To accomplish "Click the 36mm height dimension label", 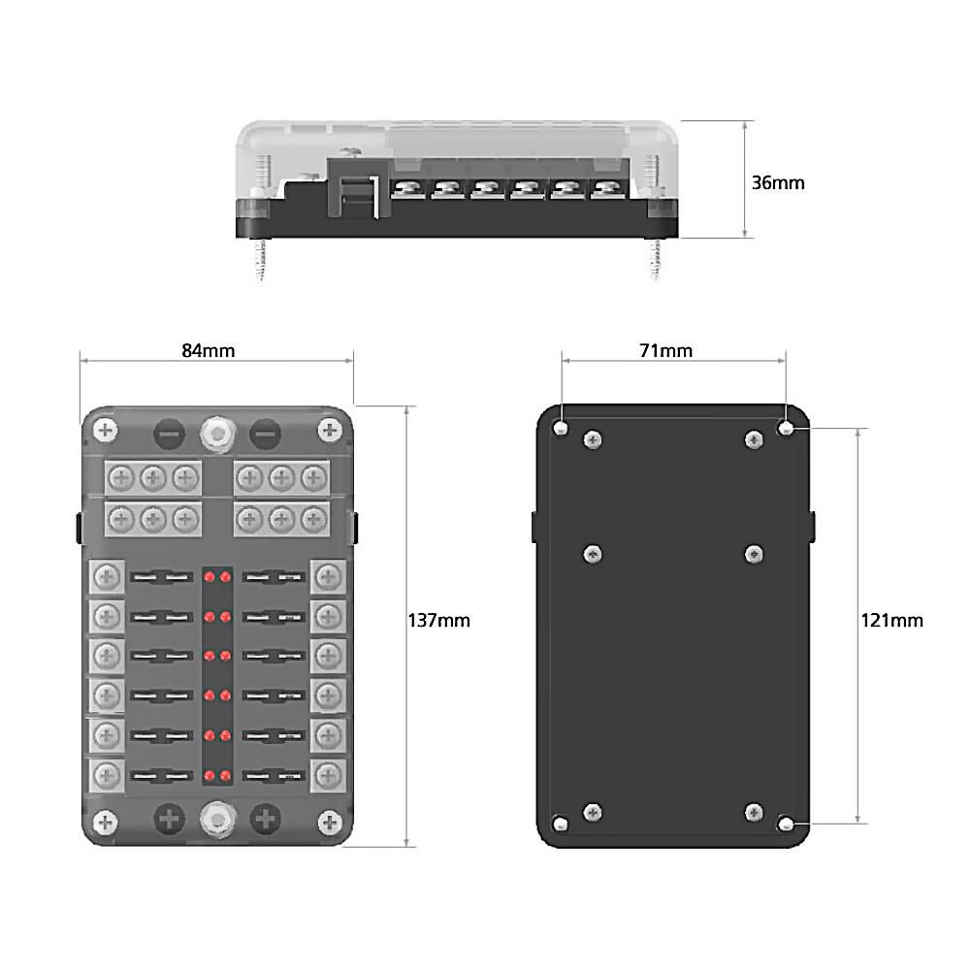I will [x=779, y=182].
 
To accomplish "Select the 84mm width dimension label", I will [x=209, y=350].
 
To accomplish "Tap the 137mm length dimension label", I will [x=438, y=620].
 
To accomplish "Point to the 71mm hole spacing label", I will [x=666, y=350].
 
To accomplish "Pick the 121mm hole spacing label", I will [x=891, y=620].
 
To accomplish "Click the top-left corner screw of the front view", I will [x=106, y=430].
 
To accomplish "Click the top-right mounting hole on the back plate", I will [x=787, y=428].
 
